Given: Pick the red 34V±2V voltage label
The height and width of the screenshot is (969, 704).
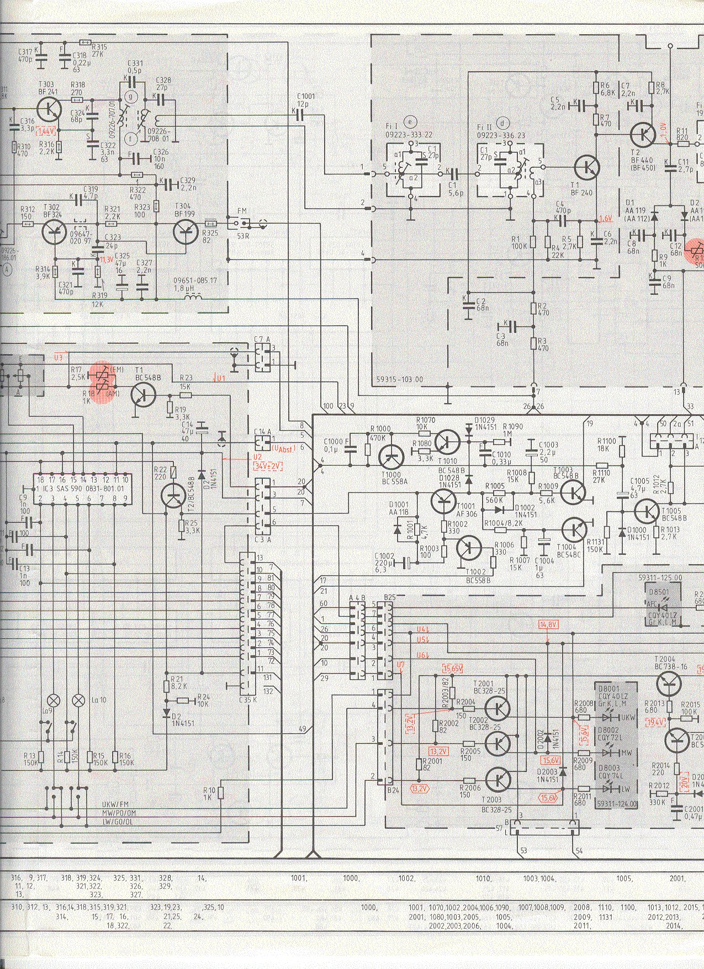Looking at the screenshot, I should (268, 466).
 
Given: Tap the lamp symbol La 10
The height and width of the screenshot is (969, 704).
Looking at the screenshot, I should (77, 700).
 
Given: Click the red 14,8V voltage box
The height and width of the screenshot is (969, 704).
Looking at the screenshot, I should (548, 624).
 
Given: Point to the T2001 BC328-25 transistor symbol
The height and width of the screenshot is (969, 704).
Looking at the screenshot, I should (499, 708).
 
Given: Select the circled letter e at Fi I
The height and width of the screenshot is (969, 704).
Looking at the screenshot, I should (410, 122).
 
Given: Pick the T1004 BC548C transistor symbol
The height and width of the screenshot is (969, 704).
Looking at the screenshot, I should (574, 529).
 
